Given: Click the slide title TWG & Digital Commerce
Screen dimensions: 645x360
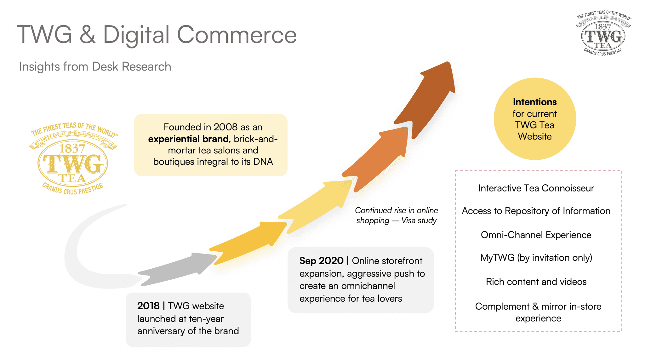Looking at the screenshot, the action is [x=157, y=35].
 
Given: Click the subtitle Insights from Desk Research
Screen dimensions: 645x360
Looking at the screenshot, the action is [x=95, y=67].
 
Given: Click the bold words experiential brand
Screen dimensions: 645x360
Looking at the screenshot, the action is [x=188, y=139].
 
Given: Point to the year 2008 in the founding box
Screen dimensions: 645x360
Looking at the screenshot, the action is [x=225, y=127].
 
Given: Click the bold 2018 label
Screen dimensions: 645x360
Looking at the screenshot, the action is [x=148, y=306].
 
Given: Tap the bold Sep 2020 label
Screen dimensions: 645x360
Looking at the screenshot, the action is [x=321, y=261].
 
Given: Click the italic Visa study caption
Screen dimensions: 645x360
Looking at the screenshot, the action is [x=396, y=215].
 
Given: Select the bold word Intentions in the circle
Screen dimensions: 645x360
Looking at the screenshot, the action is [x=534, y=102].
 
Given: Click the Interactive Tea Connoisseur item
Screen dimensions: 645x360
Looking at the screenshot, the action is [x=536, y=188].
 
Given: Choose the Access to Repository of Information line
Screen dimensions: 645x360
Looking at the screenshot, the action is [x=536, y=211].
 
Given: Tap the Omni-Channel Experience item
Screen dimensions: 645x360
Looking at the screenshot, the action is [x=536, y=235].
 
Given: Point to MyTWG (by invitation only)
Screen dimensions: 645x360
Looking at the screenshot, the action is [x=536, y=258].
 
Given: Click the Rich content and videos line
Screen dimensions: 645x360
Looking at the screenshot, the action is [x=536, y=282].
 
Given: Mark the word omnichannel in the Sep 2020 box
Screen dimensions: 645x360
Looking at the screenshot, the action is [x=368, y=286].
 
